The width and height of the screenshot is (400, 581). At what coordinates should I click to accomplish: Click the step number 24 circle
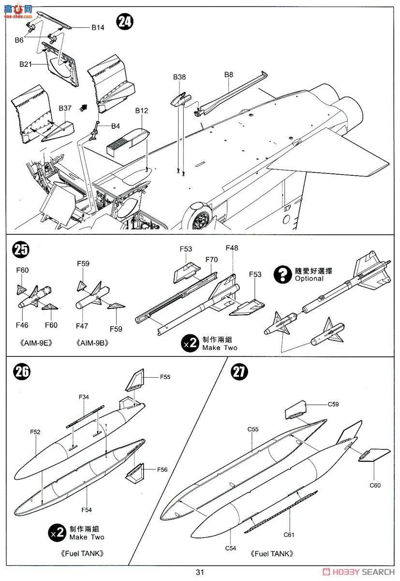(x=125, y=22)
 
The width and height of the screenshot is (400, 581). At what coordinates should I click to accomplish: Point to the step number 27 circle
(x=240, y=372)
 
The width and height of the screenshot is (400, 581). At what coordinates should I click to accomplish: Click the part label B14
(x=98, y=28)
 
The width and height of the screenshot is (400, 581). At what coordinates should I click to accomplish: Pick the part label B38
(x=180, y=76)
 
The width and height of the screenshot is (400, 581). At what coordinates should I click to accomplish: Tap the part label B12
(x=141, y=111)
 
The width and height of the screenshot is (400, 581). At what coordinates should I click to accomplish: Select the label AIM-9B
(x=92, y=343)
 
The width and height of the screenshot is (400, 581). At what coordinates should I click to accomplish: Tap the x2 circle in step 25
(x=190, y=343)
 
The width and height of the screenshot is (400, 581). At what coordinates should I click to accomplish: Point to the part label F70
(x=211, y=260)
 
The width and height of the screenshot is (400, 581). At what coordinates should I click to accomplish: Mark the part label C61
(x=289, y=535)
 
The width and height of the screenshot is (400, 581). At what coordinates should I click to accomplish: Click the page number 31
(x=200, y=572)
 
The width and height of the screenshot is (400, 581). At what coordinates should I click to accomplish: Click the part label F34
(x=83, y=397)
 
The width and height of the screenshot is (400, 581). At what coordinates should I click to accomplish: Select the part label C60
(x=375, y=485)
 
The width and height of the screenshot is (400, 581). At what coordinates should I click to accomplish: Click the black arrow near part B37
(x=85, y=108)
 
